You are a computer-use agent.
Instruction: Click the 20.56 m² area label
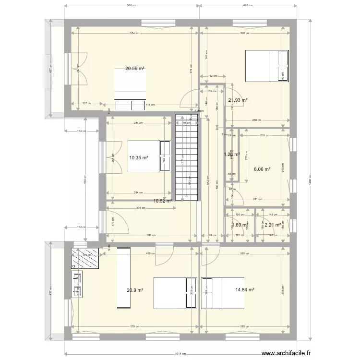pyautogui.click(x=135, y=69)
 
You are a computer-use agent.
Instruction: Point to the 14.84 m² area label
pyautogui.click(x=244, y=289)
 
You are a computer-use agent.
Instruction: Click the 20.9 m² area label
pyautogui.click(x=135, y=289)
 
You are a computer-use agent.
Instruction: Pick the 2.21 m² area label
pyautogui.click(x=272, y=224)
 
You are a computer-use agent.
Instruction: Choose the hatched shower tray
pyautogui.click(x=86, y=258)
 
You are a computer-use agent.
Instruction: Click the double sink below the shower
pyautogui.click(x=77, y=283)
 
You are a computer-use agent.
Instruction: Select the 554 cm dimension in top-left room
pyautogui.click(x=135, y=34)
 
